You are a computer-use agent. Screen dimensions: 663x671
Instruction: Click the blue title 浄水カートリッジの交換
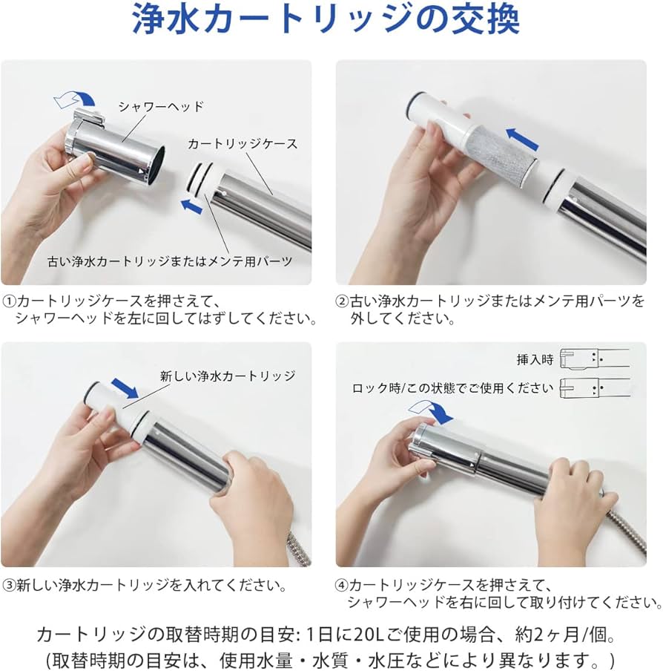click(x=326, y=19)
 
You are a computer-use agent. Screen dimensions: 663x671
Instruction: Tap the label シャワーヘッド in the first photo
click(x=161, y=107)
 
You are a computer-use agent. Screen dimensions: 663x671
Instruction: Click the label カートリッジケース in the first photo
click(x=243, y=144)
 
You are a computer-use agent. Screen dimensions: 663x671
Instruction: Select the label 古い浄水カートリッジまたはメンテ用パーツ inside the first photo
click(x=170, y=261)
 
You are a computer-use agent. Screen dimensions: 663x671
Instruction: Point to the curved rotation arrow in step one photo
click(x=75, y=99)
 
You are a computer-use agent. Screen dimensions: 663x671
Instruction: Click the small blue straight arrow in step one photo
click(x=191, y=206)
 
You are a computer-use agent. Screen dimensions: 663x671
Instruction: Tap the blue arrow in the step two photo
click(x=522, y=139)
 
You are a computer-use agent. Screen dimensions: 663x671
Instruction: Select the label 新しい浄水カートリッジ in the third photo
click(x=228, y=376)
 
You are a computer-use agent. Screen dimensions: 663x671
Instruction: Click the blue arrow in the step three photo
click(x=125, y=387)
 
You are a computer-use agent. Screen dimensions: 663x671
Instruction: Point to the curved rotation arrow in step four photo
click(x=430, y=410)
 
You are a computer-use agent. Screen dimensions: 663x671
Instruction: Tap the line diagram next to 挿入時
click(x=595, y=359)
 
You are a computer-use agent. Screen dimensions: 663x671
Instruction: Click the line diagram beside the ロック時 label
click(x=595, y=388)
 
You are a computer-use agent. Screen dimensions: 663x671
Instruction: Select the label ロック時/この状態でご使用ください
click(x=452, y=388)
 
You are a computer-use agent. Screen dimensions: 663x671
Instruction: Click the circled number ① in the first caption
click(x=10, y=301)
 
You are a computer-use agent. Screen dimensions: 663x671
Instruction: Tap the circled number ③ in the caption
click(x=10, y=585)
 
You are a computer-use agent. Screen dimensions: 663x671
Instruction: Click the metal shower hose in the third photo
click(x=297, y=547)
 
